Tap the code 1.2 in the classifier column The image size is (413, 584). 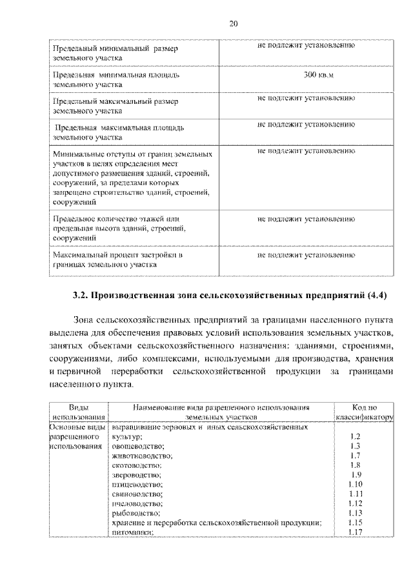(354, 437)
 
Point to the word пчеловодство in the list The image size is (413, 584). (137, 503)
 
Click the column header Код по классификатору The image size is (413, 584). (363, 413)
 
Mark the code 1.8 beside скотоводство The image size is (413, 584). (354, 465)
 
